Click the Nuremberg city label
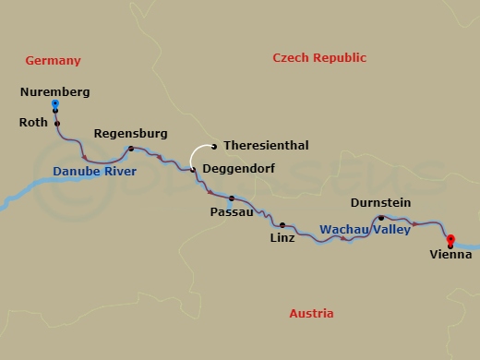54,92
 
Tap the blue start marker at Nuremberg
55,103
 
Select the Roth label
33,122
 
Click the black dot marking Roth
56,123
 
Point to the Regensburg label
130,134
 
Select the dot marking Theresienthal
213,146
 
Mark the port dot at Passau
231,198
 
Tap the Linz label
282,238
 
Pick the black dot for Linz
282,224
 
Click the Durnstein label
380,203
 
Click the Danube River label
94,173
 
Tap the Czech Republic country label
319,58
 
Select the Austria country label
311,314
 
